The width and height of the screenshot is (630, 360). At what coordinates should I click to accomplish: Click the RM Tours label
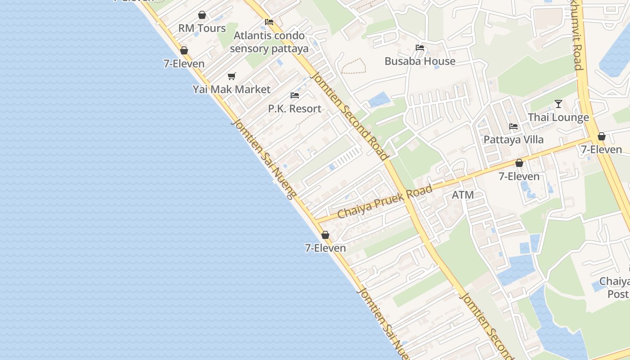(x=202, y=28)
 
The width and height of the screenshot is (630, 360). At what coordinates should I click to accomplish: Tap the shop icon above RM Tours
(x=202, y=15)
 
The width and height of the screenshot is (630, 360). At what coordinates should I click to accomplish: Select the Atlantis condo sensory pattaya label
(x=269, y=42)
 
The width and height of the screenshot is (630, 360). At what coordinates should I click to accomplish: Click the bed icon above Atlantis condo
(x=269, y=22)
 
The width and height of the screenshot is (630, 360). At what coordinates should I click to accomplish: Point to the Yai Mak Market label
(x=232, y=89)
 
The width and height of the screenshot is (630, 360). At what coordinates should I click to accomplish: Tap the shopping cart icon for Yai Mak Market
(x=231, y=76)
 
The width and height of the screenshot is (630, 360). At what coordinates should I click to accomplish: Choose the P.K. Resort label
(x=295, y=108)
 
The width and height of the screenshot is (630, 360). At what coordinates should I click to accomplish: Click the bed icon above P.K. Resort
(x=295, y=95)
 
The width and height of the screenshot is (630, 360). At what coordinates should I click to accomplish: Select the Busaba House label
(x=420, y=61)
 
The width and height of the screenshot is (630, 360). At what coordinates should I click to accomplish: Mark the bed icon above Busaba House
(x=420, y=48)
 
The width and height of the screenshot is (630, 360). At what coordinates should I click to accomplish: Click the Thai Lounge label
(x=558, y=117)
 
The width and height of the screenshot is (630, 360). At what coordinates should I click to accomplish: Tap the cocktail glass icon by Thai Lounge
(x=558, y=104)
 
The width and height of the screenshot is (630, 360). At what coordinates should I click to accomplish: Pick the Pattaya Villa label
(x=513, y=139)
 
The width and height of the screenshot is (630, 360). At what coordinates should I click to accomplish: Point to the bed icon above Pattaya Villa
(x=513, y=126)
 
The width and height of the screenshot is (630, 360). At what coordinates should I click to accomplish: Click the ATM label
(x=463, y=195)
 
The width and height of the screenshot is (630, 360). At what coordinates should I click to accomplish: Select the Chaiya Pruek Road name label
(x=385, y=201)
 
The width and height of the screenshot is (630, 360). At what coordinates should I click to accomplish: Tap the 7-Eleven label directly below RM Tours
(x=184, y=63)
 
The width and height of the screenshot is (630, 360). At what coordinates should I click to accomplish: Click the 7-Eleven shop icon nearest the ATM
(x=519, y=163)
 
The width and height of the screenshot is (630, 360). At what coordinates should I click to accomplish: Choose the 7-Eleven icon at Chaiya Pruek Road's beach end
(x=325, y=235)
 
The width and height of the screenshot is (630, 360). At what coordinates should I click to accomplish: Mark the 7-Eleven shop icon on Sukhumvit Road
(x=602, y=136)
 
